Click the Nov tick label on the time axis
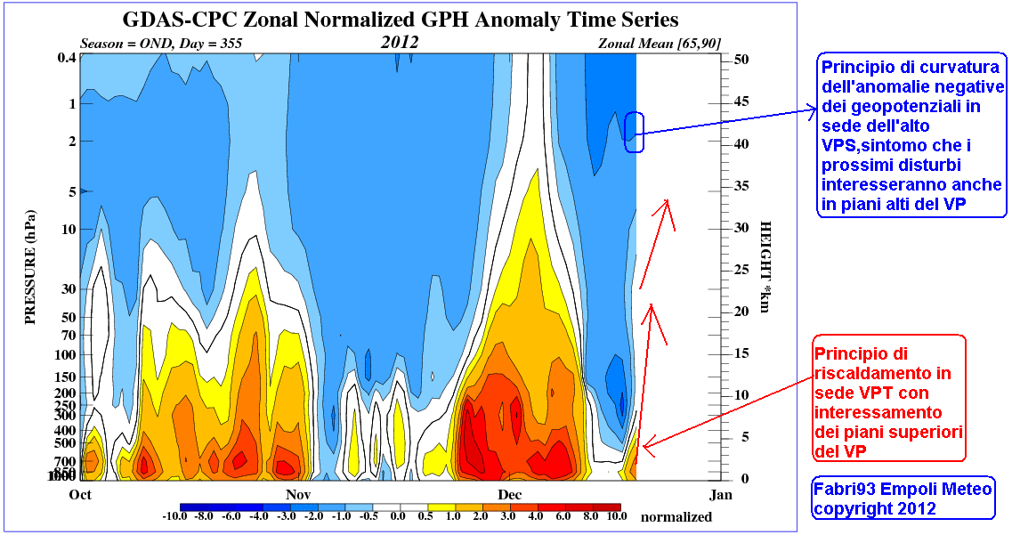coord(298,494)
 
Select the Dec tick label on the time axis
coord(510,494)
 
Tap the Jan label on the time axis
coord(721,494)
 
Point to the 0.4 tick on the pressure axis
coord(65,59)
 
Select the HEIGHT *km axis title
coord(765,267)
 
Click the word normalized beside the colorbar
coord(676,516)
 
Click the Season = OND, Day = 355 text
coord(161,43)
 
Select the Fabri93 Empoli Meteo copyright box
coord(902,499)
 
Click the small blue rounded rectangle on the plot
coord(633,132)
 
